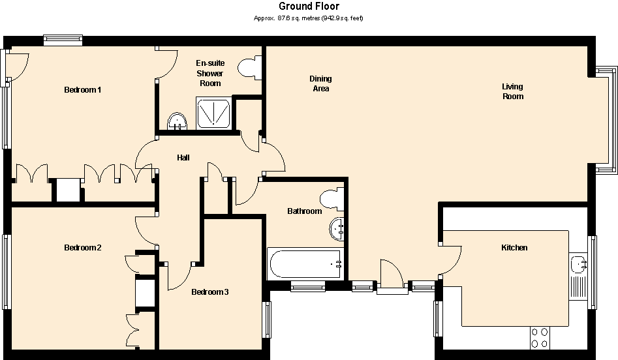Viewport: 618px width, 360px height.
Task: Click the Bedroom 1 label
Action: [82, 89]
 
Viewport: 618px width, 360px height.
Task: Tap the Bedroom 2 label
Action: [82, 248]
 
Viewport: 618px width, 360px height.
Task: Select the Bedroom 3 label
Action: [209, 292]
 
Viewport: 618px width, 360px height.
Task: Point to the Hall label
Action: [183, 158]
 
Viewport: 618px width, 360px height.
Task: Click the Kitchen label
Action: [514, 248]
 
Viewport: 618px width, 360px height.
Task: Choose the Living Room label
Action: [512, 91]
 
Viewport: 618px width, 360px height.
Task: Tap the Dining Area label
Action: [320, 83]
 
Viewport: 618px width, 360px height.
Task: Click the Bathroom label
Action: [305, 211]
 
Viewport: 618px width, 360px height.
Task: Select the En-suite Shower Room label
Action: [210, 73]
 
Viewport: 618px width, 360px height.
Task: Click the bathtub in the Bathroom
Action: [305, 264]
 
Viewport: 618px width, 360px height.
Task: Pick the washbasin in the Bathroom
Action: [337, 228]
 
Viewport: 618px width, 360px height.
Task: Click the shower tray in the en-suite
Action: [214, 112]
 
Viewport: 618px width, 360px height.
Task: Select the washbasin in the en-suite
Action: [177, 121]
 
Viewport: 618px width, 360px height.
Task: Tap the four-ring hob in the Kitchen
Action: [540, 337]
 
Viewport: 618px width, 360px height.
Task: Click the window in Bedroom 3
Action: [267, 320]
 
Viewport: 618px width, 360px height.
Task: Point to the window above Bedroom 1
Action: [63, 40]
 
